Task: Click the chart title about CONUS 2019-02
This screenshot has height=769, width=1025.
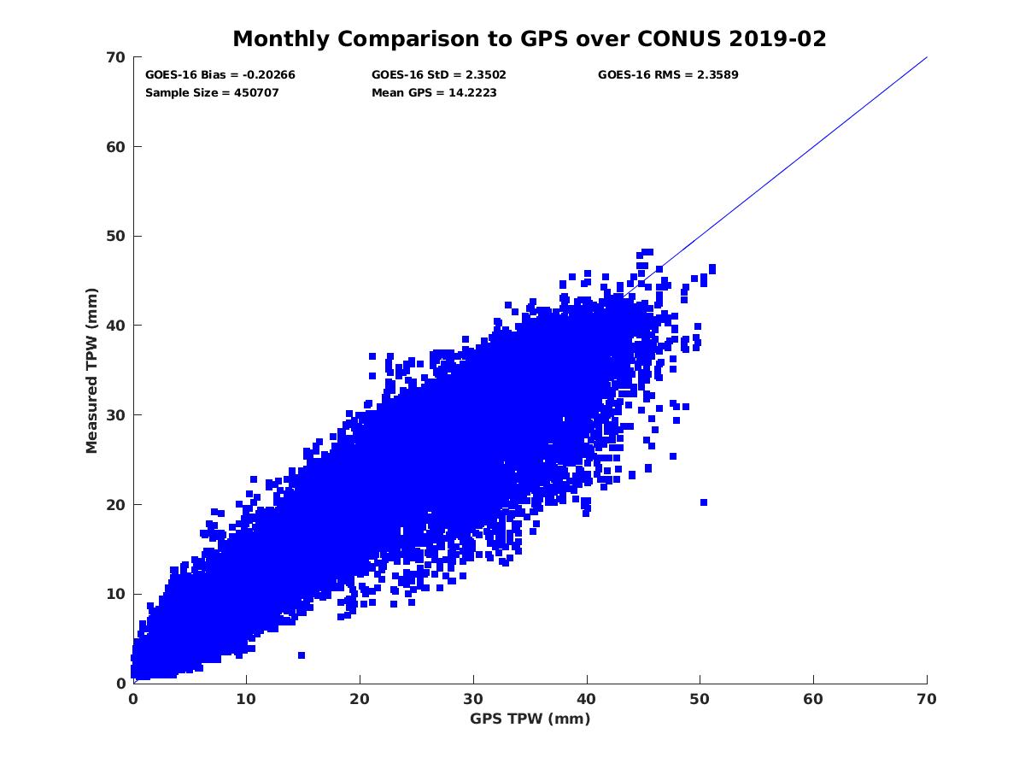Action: (530, 39)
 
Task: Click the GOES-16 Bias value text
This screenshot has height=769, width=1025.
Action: (220, 74)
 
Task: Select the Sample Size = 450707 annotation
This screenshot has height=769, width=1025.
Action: (212, 92)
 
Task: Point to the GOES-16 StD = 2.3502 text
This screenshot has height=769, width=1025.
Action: (439, 74)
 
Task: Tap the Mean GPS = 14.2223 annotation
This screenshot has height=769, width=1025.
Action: (434, 92)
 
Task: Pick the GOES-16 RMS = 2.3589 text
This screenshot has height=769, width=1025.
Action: (668, 74)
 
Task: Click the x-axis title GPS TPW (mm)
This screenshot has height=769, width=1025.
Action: (530, 719)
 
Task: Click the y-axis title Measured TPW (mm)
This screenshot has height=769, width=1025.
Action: (92, 370)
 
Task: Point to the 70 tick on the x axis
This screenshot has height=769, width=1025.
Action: (926, 699)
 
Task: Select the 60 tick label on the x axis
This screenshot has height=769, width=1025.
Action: (813, 699)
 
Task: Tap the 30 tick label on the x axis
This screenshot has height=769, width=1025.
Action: (473, 699)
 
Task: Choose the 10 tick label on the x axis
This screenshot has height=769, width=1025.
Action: (247, 699)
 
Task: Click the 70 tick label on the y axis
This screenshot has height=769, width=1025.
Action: (116, 57)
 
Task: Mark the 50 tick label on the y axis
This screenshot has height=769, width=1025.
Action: (116, 236)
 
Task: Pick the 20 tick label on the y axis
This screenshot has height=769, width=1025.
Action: (116, 504)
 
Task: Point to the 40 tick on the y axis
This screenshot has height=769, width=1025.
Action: (116, 326)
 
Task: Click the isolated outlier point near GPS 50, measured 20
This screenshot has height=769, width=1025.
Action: (704, 502)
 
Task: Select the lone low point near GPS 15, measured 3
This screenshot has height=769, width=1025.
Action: (302, 655)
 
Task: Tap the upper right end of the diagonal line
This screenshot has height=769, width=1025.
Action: (927, 57)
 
